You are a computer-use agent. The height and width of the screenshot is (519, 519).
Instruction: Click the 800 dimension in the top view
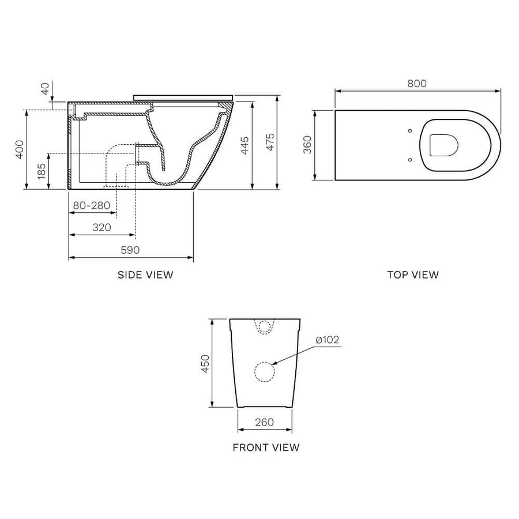pyautogui.click(x=416, y=84)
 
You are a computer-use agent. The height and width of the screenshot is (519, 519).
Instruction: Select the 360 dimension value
pyautogui.click(x=307, y=144)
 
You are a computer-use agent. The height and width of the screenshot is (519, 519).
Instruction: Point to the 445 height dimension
pyautogui.click(x=245, y=145)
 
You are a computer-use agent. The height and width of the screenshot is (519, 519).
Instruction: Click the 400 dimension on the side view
pyautogui.click(x=20, y=149)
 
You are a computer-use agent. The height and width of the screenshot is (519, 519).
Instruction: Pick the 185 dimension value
pyautogui.click(x=42, y=171)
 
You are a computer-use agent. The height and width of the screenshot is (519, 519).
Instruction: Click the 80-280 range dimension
pyautogui.click(x=92, y=205)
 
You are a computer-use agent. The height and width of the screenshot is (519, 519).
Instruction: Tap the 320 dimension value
pyautogui.click(x=101, y=227)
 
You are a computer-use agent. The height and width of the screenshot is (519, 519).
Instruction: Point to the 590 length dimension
pyautogui.click(x=130, y=250)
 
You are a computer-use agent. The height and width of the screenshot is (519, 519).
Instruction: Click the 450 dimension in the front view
pyautogui.click(x=205, y=363)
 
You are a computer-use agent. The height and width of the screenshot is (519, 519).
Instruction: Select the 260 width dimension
pyautogui.click(x=264, y=422)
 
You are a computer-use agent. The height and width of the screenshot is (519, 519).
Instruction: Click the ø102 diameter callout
pyautogui.click(x=327, y=340)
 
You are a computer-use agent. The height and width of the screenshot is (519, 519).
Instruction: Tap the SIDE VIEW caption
pyautogui.click(x=145, y=275)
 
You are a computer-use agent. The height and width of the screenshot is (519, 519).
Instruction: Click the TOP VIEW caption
pyautogui.click(x=413, y=275)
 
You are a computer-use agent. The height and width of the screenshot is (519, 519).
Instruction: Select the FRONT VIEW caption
pyautogui.click(x=266, y=447)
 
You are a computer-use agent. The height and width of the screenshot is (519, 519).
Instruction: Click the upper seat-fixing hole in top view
pyautogui.click(x=409, y=130)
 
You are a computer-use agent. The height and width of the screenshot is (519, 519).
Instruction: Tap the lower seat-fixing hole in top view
pyautogui.click(x=409, y=160)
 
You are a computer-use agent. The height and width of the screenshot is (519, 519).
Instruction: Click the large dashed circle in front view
pyautogui.click(x=265, y=372)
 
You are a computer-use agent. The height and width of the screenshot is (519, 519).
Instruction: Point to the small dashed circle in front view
pyautogui.click(x=265, y=327)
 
